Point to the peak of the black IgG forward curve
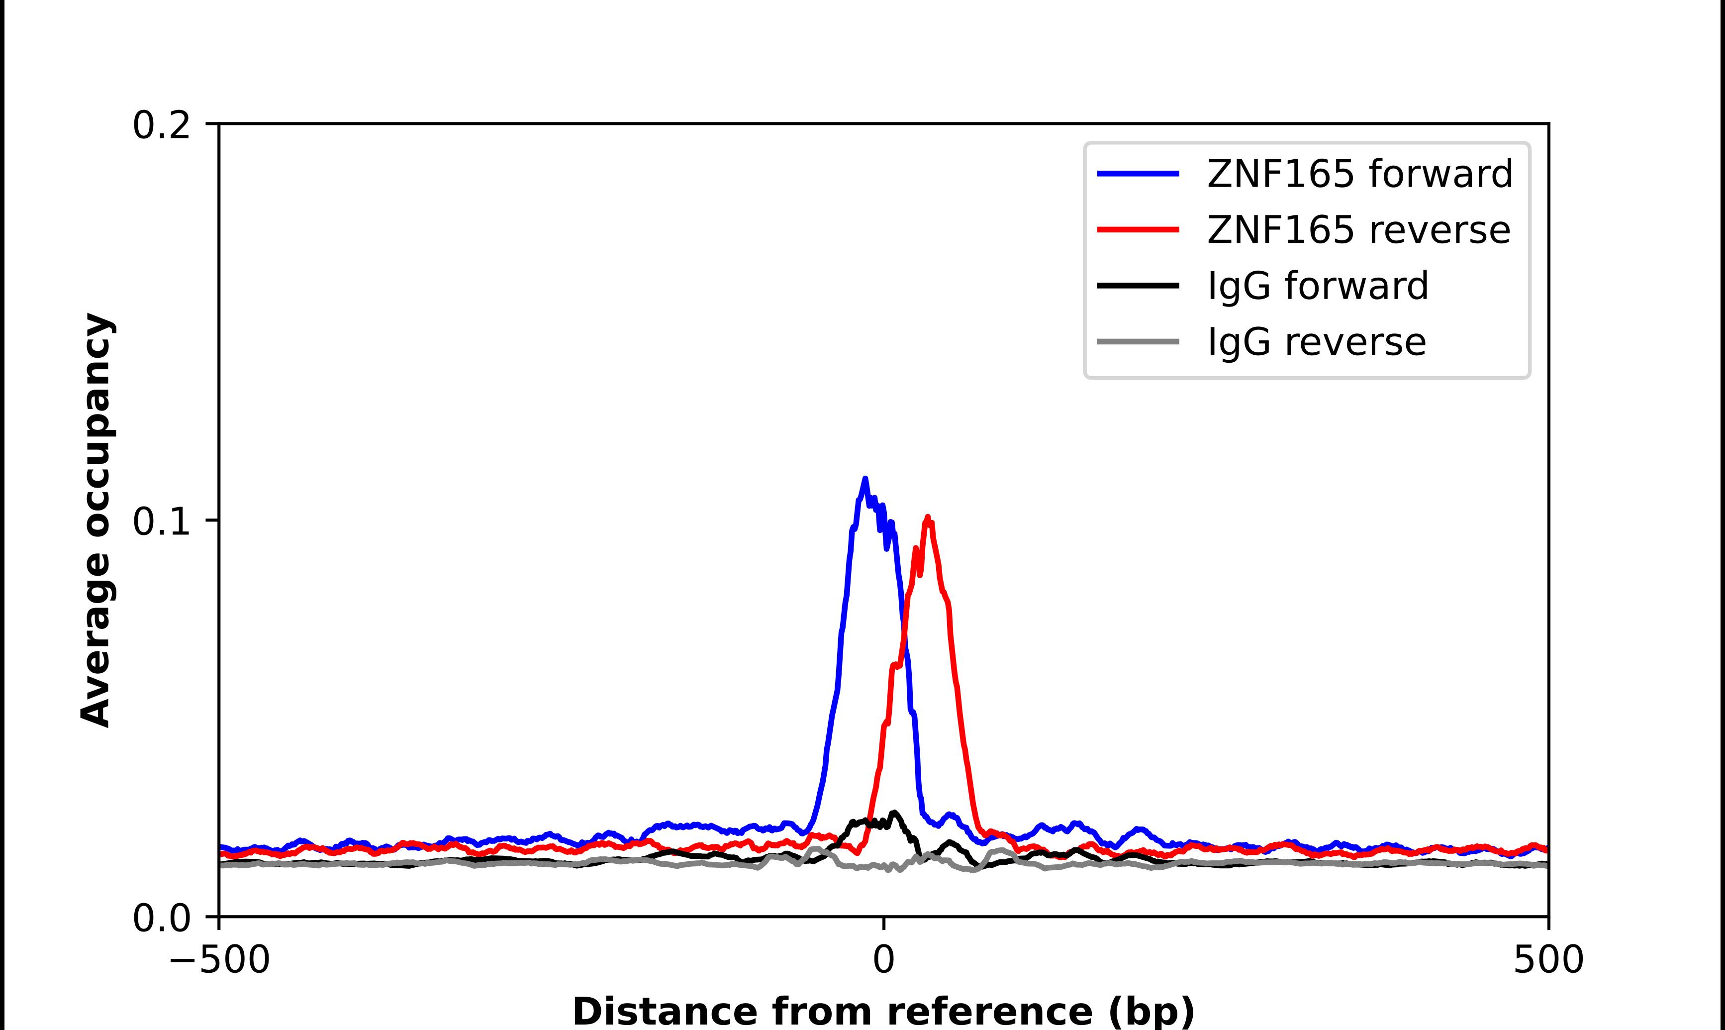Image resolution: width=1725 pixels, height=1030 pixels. tap(894, 812)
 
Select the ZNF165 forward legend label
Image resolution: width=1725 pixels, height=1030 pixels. tap(1359, 174)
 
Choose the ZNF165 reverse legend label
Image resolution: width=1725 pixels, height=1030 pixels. tap(1358, 230)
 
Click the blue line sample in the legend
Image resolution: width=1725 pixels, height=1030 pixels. tap(1138, 174)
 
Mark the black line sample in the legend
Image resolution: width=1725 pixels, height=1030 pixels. tap(1138, 285)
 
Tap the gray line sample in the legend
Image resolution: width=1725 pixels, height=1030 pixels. tap(1138, 341)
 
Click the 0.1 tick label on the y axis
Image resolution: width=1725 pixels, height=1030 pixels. tap(161, 522)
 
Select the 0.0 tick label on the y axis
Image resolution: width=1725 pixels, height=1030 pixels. tap(161, 918)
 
